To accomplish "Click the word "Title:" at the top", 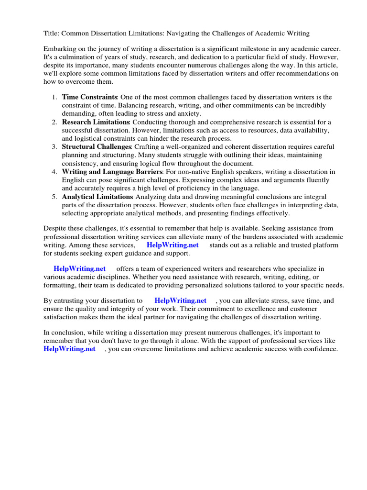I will pyautogui.click(x=52, y=33).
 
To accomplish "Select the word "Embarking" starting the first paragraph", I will pyautogui.click(x=60, y=49).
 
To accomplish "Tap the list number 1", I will pyautogui.click(x=54, y=97).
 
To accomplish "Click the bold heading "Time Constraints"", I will pyautogui.click(x=90, y=97).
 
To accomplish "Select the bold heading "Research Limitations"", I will pyautogui.click(x=96, y=122).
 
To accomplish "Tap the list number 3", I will pyautogui.click(x=54, y=146).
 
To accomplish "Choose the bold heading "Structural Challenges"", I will pyautogui.click(x=97, y=146).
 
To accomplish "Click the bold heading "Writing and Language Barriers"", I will pyautogui.click(x=112, y=171).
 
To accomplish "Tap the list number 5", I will pyautogui.click(x=54, y=196).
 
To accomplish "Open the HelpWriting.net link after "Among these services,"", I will pyautogui.click(x=173, y=245).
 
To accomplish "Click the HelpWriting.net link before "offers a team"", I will pyautogui.click(x=80, y=268).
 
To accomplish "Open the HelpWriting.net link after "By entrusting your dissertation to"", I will pyautogui.click(x=181, y=301).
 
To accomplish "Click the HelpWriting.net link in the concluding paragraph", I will pyautogui.click(x=70, y=349).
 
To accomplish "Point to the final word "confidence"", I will pyautogui.click(x=320, y=349).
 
